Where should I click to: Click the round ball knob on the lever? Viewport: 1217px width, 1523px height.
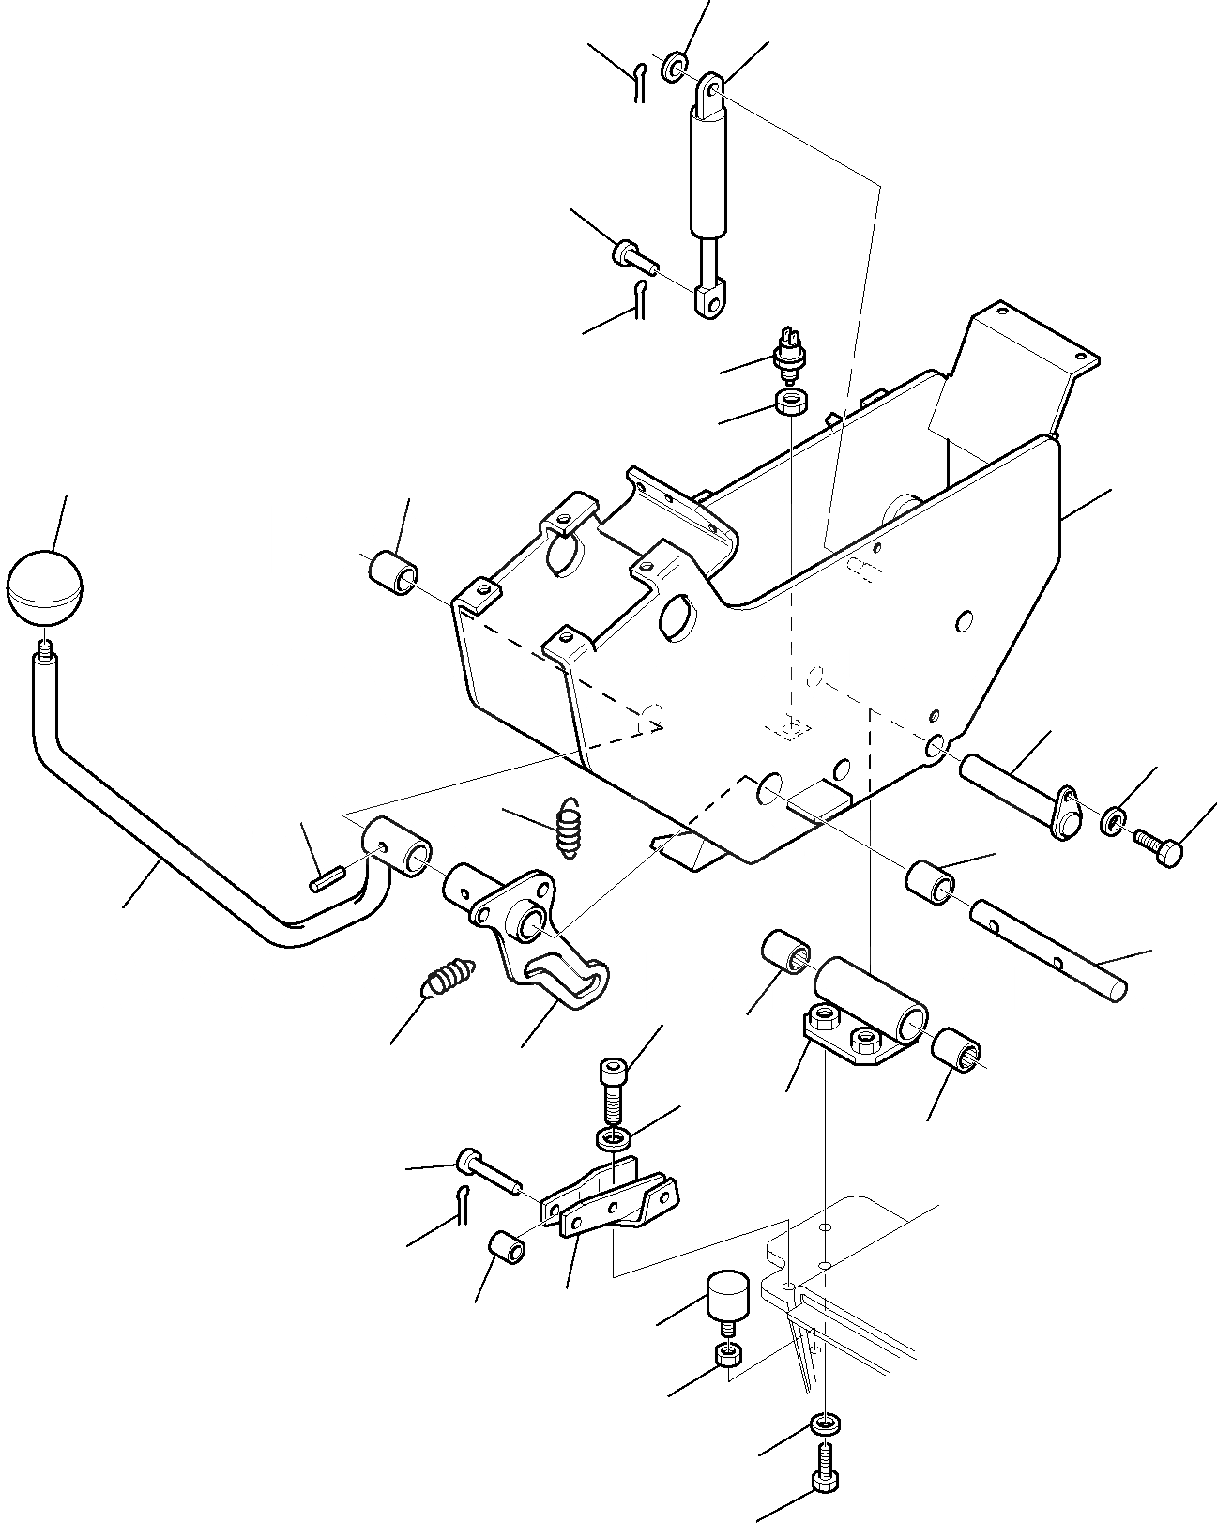click(44, 587)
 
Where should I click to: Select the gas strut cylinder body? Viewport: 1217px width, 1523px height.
click(708, 174)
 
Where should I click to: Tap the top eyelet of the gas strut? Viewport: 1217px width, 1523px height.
click(713, 90)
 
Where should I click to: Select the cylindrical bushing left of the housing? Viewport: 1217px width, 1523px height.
click(394, 573)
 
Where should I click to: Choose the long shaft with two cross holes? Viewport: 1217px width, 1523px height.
click(1047, 949)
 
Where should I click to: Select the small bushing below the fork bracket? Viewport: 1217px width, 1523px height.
click(507, 1250)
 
